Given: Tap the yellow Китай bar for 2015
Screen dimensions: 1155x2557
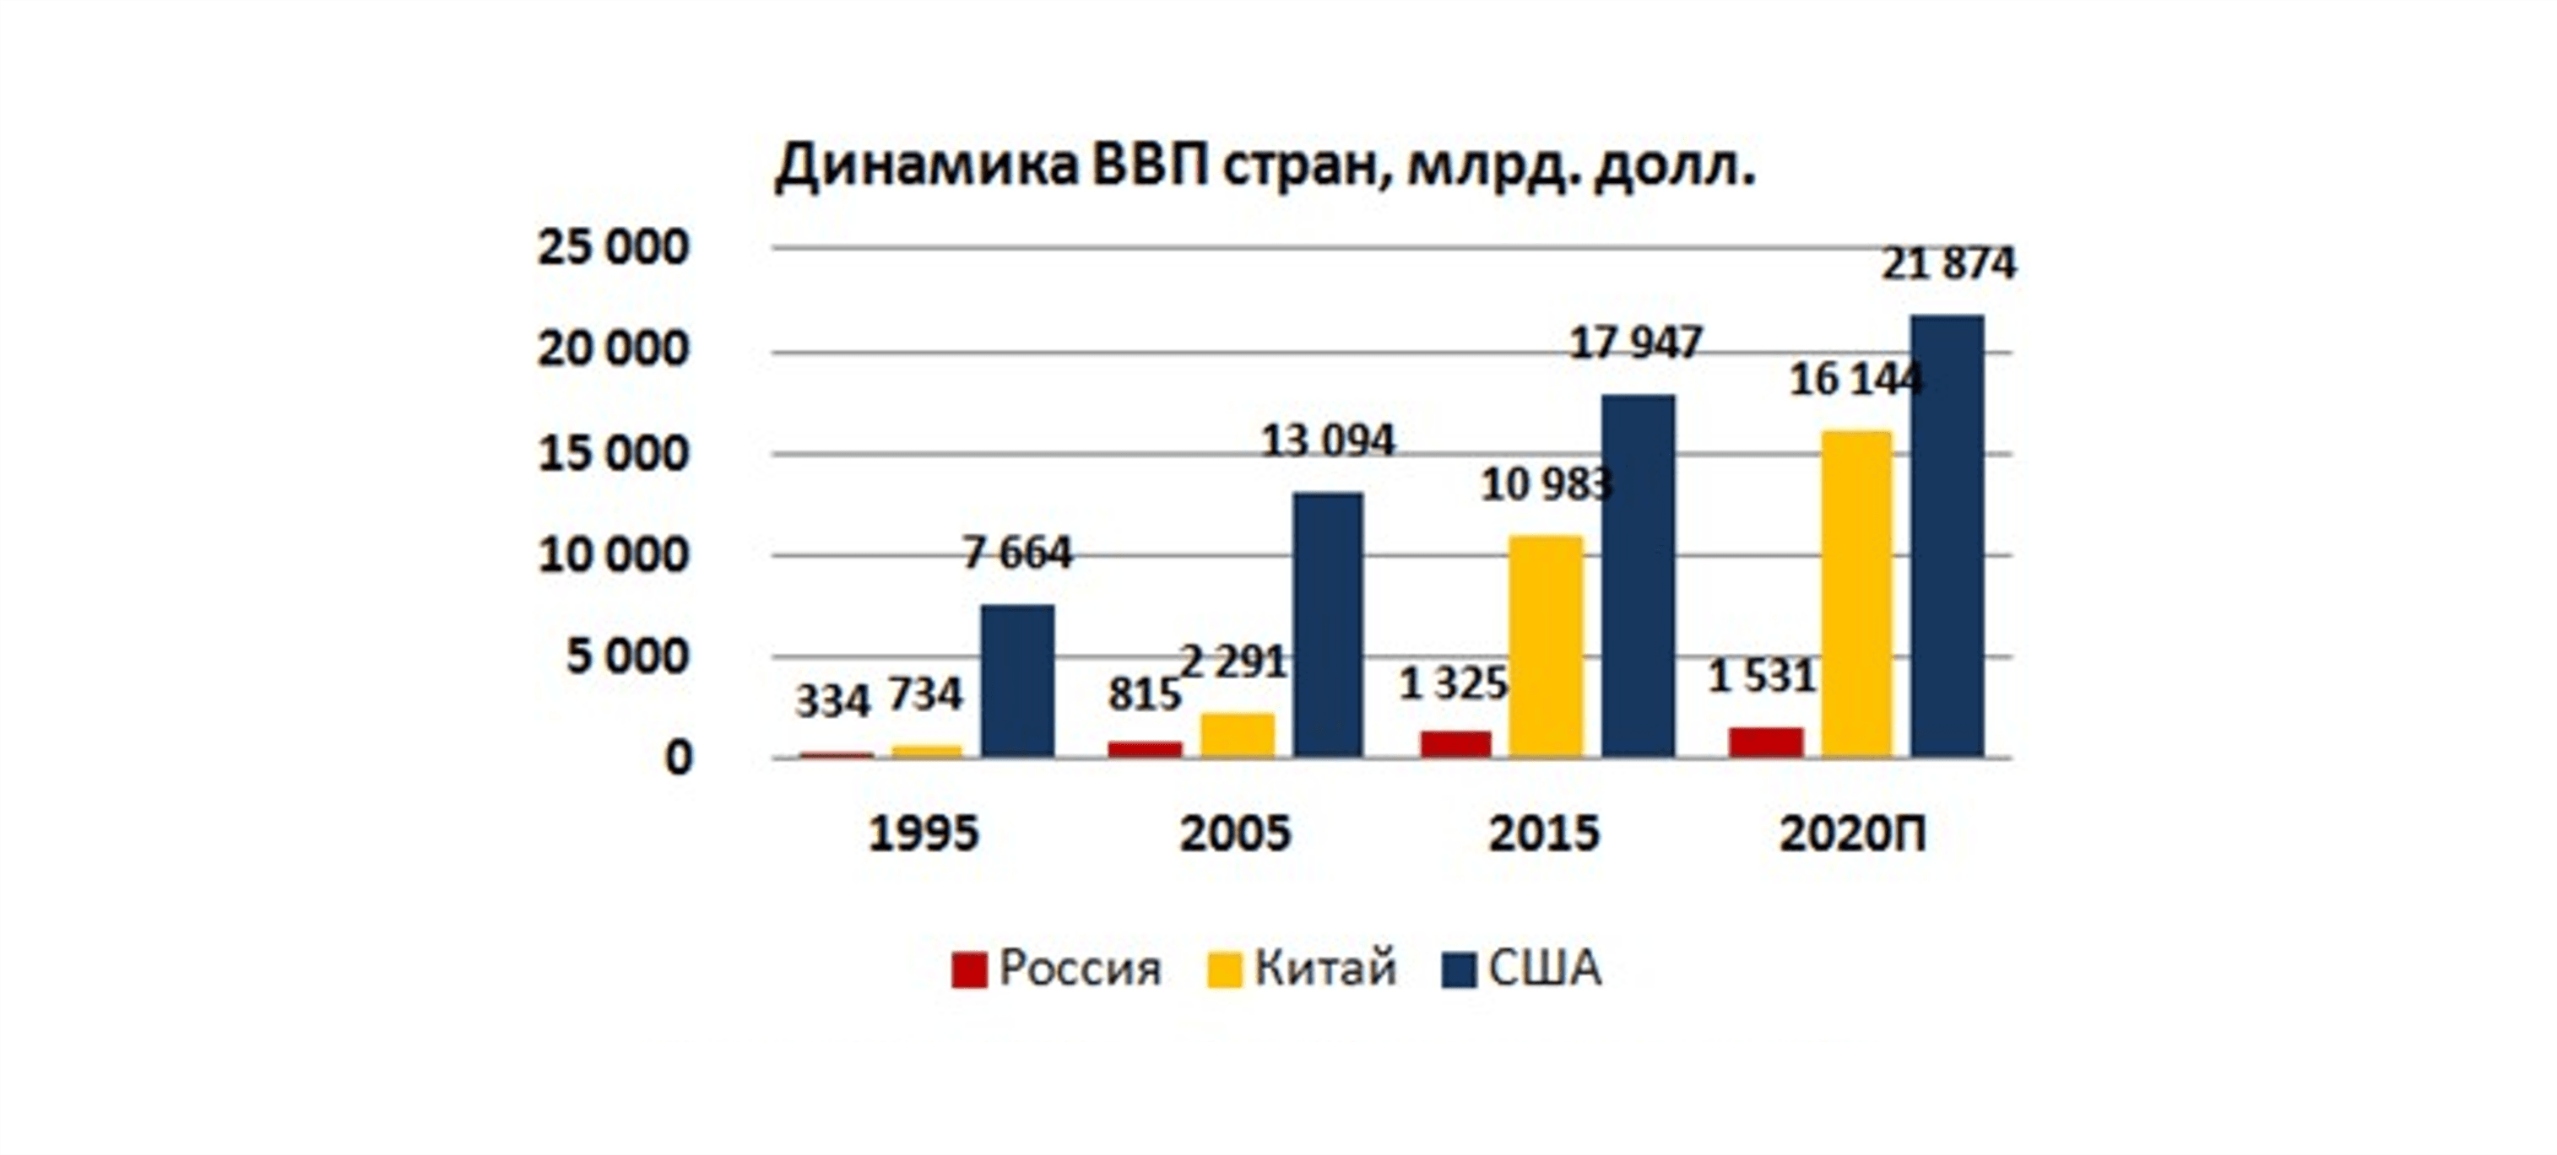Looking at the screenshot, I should (1546, 646).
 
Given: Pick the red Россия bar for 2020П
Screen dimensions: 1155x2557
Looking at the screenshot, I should (1766, 742).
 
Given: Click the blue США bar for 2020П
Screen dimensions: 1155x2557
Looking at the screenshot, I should (1948, 536).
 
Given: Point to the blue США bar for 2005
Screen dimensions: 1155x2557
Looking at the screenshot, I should (1327, 624).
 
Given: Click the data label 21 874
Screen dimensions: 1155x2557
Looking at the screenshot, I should (1948, 264).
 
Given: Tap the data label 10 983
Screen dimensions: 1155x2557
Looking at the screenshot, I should (1546, 485).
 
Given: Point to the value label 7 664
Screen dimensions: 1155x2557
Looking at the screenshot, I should (1017, 553).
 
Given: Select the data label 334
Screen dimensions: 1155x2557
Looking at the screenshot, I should (832, 702).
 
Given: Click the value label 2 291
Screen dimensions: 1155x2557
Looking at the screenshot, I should (1234, 661).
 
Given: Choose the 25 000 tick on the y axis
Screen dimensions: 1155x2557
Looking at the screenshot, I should (613, 247).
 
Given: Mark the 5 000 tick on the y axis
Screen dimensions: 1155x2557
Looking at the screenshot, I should (626, 657).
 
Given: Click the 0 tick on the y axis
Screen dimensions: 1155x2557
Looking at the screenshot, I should (678, 759).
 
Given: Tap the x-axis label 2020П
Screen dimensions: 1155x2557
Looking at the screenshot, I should (1852, 834).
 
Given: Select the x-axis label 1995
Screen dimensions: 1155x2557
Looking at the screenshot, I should (924, 834).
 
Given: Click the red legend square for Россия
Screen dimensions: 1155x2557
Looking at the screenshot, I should (969, 969).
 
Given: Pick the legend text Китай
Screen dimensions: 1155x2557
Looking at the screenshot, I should (1325, 968).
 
